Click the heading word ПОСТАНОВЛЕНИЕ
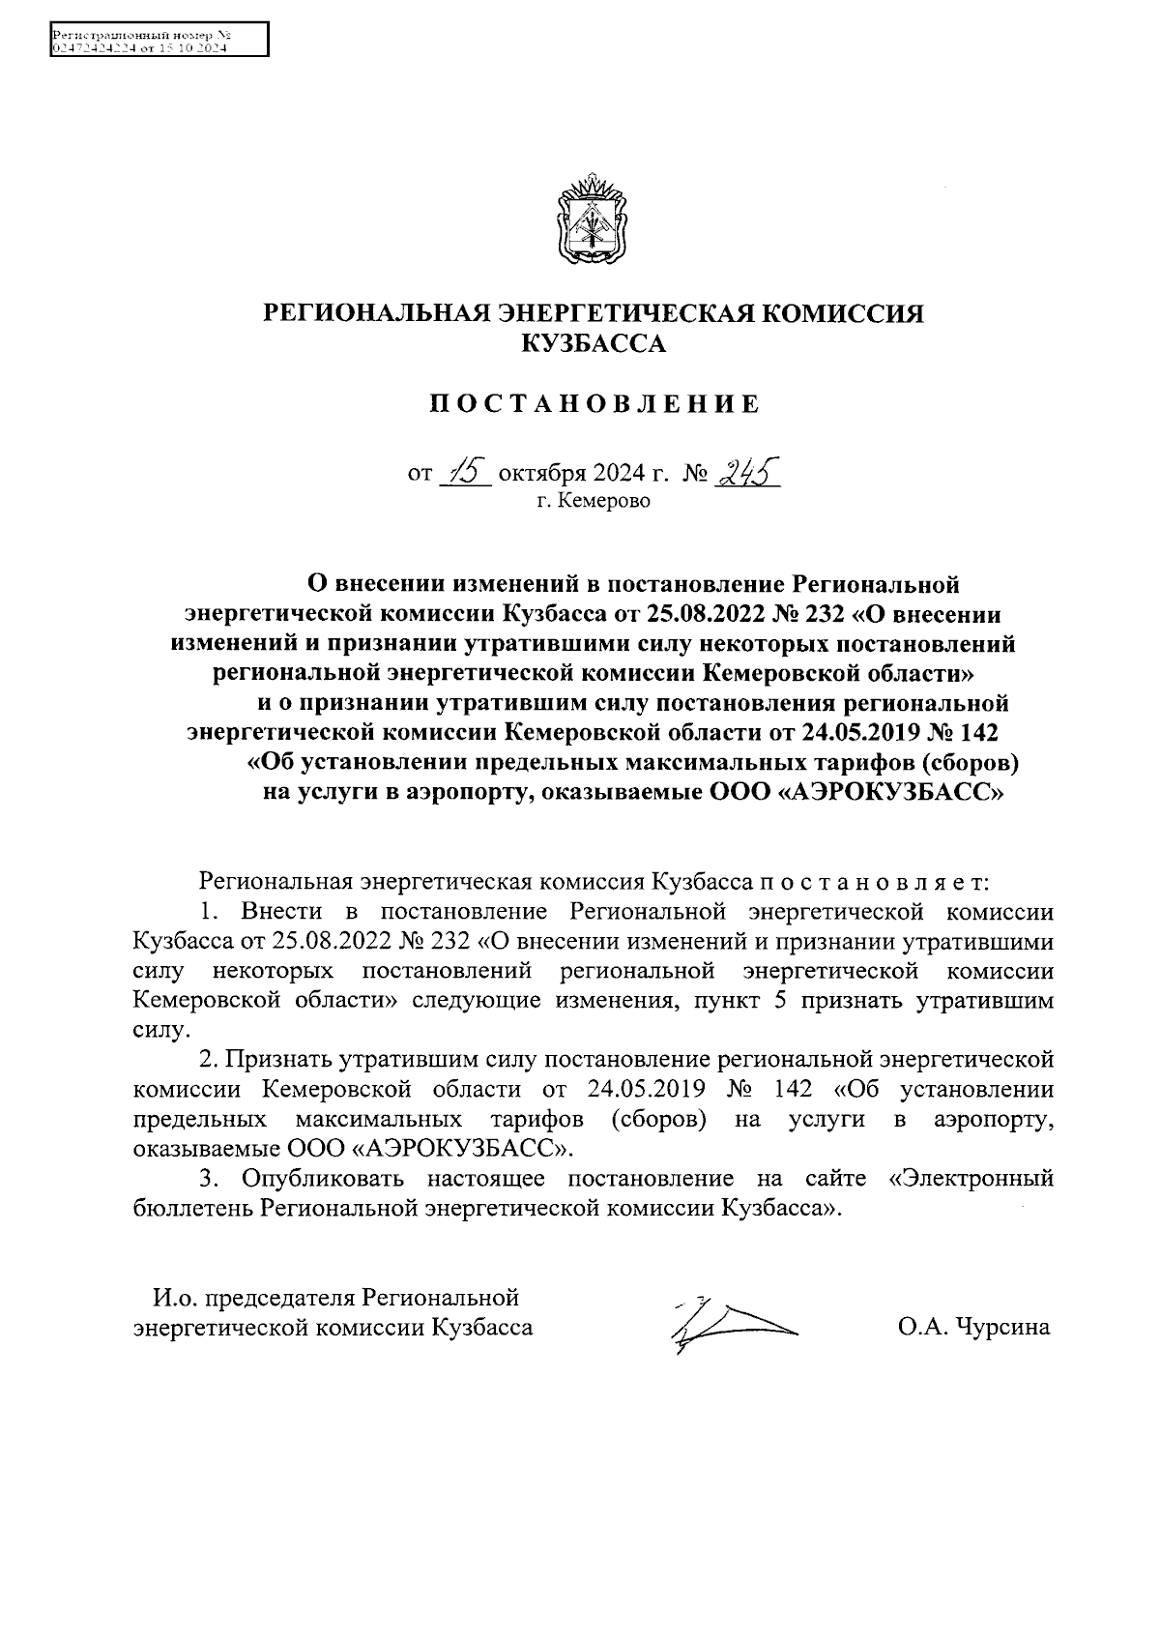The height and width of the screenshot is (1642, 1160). [594, 404]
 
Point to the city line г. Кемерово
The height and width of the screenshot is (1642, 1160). [594, 501]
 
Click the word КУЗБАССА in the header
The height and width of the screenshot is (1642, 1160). [594, 343]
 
